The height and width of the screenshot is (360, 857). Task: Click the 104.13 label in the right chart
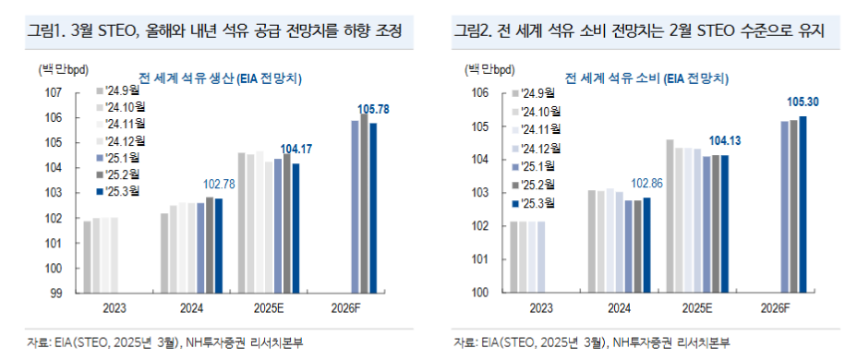pos(724,140)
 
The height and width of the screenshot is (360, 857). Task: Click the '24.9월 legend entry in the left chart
pos(120,90)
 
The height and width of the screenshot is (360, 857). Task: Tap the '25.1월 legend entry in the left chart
pos(120,158)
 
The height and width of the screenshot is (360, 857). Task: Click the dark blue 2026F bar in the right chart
pos(803,204)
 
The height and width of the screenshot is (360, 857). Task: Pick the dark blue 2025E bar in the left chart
pos(296,228)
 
